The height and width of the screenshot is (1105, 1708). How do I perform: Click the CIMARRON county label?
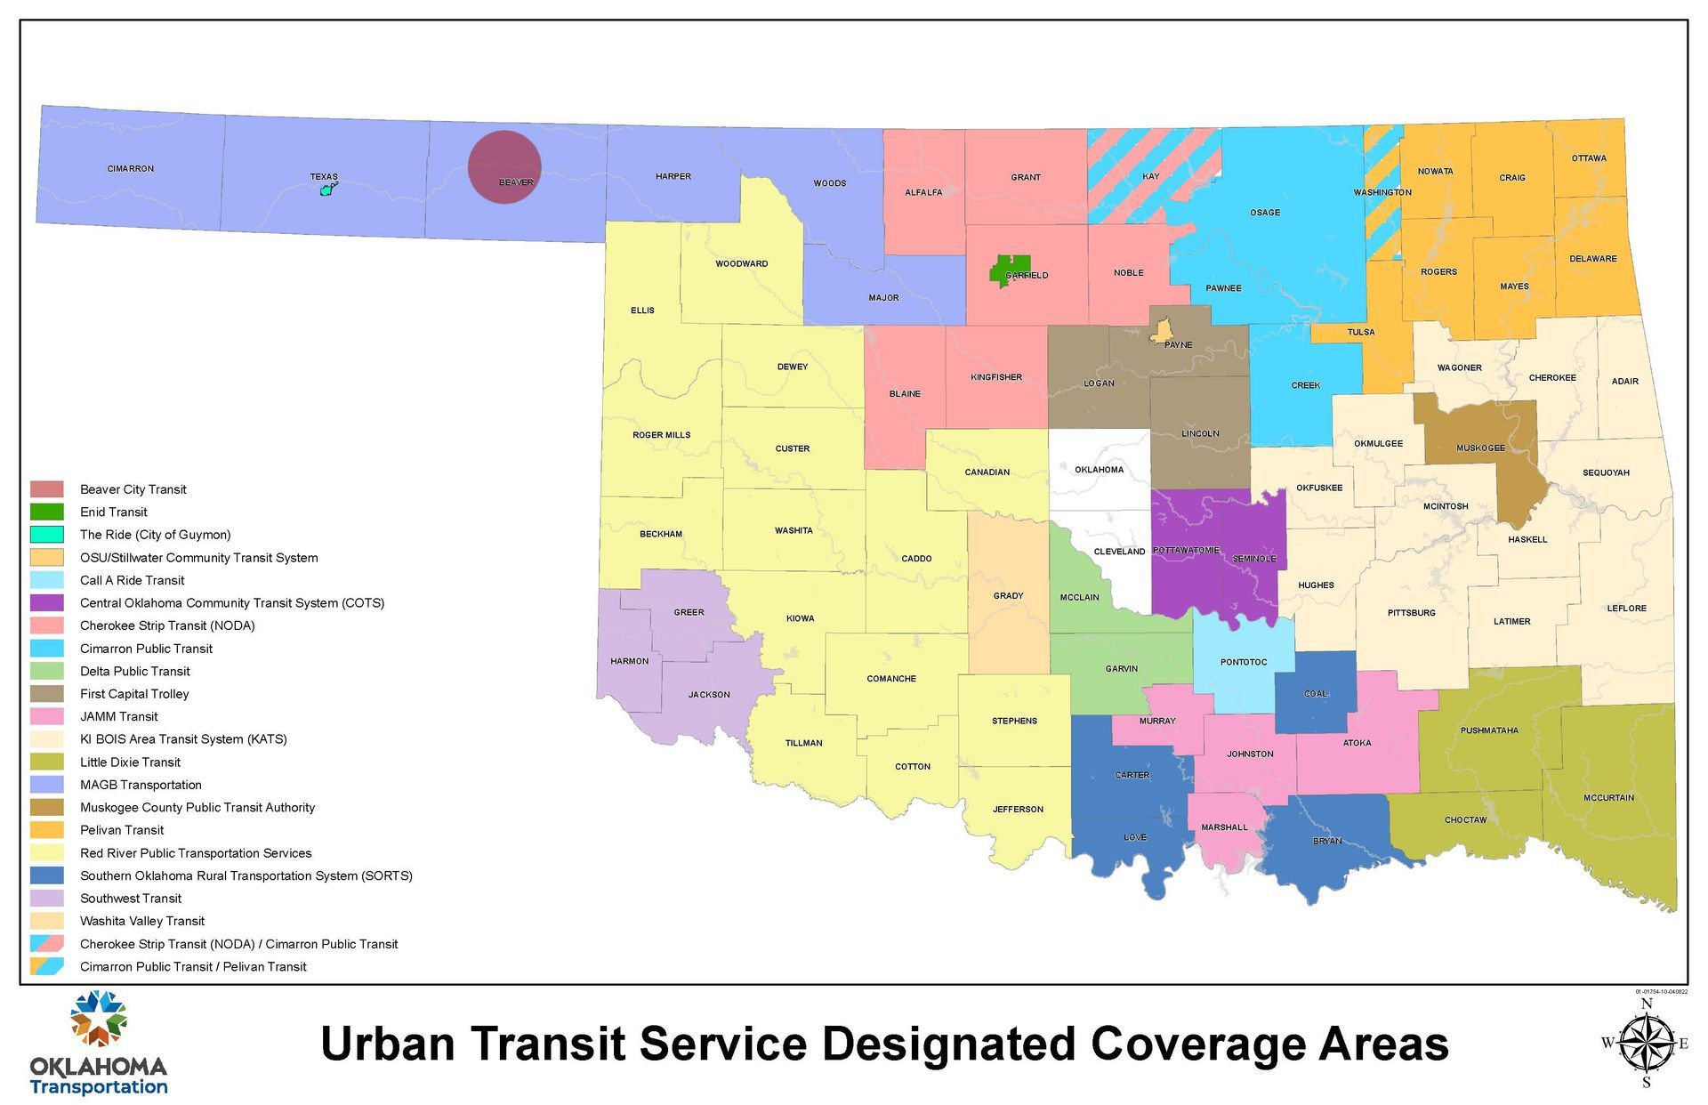pyautogui.click(x=131, y=168)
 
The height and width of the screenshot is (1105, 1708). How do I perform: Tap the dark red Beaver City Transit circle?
pyautogui.click(x=504, y=166)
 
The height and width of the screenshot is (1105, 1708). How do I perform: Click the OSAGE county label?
pyautogui.click(x=1264, y=213)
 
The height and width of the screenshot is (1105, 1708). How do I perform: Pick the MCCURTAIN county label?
pyautogui.click(x=1608, y=798)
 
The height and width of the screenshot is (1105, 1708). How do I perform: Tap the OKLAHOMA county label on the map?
pyautogui.click(x=1099, y=470)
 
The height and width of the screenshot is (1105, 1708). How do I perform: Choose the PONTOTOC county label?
pyautogui.click(x=1243, y=662)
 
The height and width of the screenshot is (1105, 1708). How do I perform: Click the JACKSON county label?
pyautogui.click(x=709, y=695)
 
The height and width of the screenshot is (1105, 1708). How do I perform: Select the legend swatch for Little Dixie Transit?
pyautogui.click(x=47, y=762)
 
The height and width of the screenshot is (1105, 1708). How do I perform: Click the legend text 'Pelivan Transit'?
pyautogui.click(x=122, y=830)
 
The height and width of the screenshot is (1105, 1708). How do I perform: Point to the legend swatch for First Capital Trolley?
pyautogui.click(x=47, y=694)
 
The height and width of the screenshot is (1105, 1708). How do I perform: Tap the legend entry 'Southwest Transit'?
pyautogui.click(x=131, y=899)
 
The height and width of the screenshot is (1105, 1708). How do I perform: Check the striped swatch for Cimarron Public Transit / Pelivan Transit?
pyautogui.click(x=47, y=967)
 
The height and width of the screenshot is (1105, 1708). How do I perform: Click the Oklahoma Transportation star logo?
pyautogui.click(x=99, y=1019)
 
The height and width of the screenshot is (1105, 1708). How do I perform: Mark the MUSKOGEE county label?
pyautogui.click(x=1480, y=448)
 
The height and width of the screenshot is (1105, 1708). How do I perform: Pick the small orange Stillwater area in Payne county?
pyautogui.click(x=1160, y=332)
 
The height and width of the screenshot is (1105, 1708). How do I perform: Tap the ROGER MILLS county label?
pyautogui.click(x=661, y=435)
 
